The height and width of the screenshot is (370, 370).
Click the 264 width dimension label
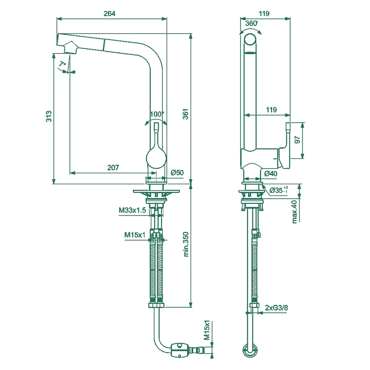(x=109, y=14)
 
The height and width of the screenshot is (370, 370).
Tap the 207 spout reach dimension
(x=113, y=167)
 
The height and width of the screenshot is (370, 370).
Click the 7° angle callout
(x=62, y=64)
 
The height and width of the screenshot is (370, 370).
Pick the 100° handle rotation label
(x=157, y=114)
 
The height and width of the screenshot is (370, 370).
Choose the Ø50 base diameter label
(x=177, y=173)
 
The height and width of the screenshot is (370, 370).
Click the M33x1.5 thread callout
(x=132, y=210)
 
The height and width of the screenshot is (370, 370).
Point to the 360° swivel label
(x=252, y=23)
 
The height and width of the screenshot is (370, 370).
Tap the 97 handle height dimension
(x=297, y=139)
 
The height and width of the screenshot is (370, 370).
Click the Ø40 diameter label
(x=271, y=174)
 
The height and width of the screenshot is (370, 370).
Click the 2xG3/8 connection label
(x=276, y=308)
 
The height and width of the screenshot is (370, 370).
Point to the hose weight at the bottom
(x=180, y=350)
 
